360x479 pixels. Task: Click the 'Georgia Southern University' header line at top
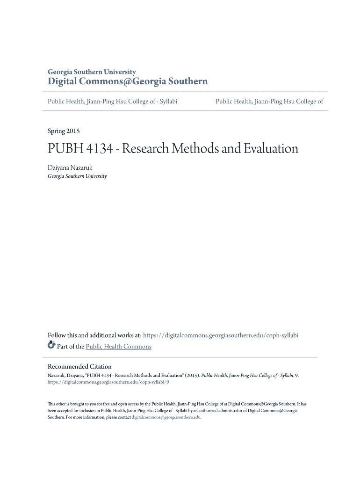pyautogui.click(x=92, y=72)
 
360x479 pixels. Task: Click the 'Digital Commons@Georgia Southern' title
pyautogui.click(x=128, y=82)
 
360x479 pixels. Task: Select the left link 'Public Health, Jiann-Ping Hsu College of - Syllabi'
pyautogui.click(x=113, y=101)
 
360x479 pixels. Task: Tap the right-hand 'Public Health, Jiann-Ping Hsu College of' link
pyautogui.click(x=269, y=101)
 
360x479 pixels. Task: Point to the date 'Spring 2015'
pyautogui.click(x=64, y=131)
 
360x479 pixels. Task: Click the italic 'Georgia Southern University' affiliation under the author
pyautogui.click(x=77, y=176)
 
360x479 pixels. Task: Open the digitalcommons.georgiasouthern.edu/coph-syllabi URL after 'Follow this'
pyautogui.click(x=220, y=335)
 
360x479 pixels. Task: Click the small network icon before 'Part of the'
pyautogui.click(x=51, y=346)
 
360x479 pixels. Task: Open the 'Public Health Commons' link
pyautogui.click(x=119, y=347)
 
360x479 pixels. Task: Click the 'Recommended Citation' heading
pyautogui.click(x=79, y=366)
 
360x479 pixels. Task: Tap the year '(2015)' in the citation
pyautogui.click(x=192, y=375)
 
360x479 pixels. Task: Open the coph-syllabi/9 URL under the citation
pyautogui.click(x=108, y=382)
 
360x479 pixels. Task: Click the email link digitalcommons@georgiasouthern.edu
pyautogui.click(x=166, y=417)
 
